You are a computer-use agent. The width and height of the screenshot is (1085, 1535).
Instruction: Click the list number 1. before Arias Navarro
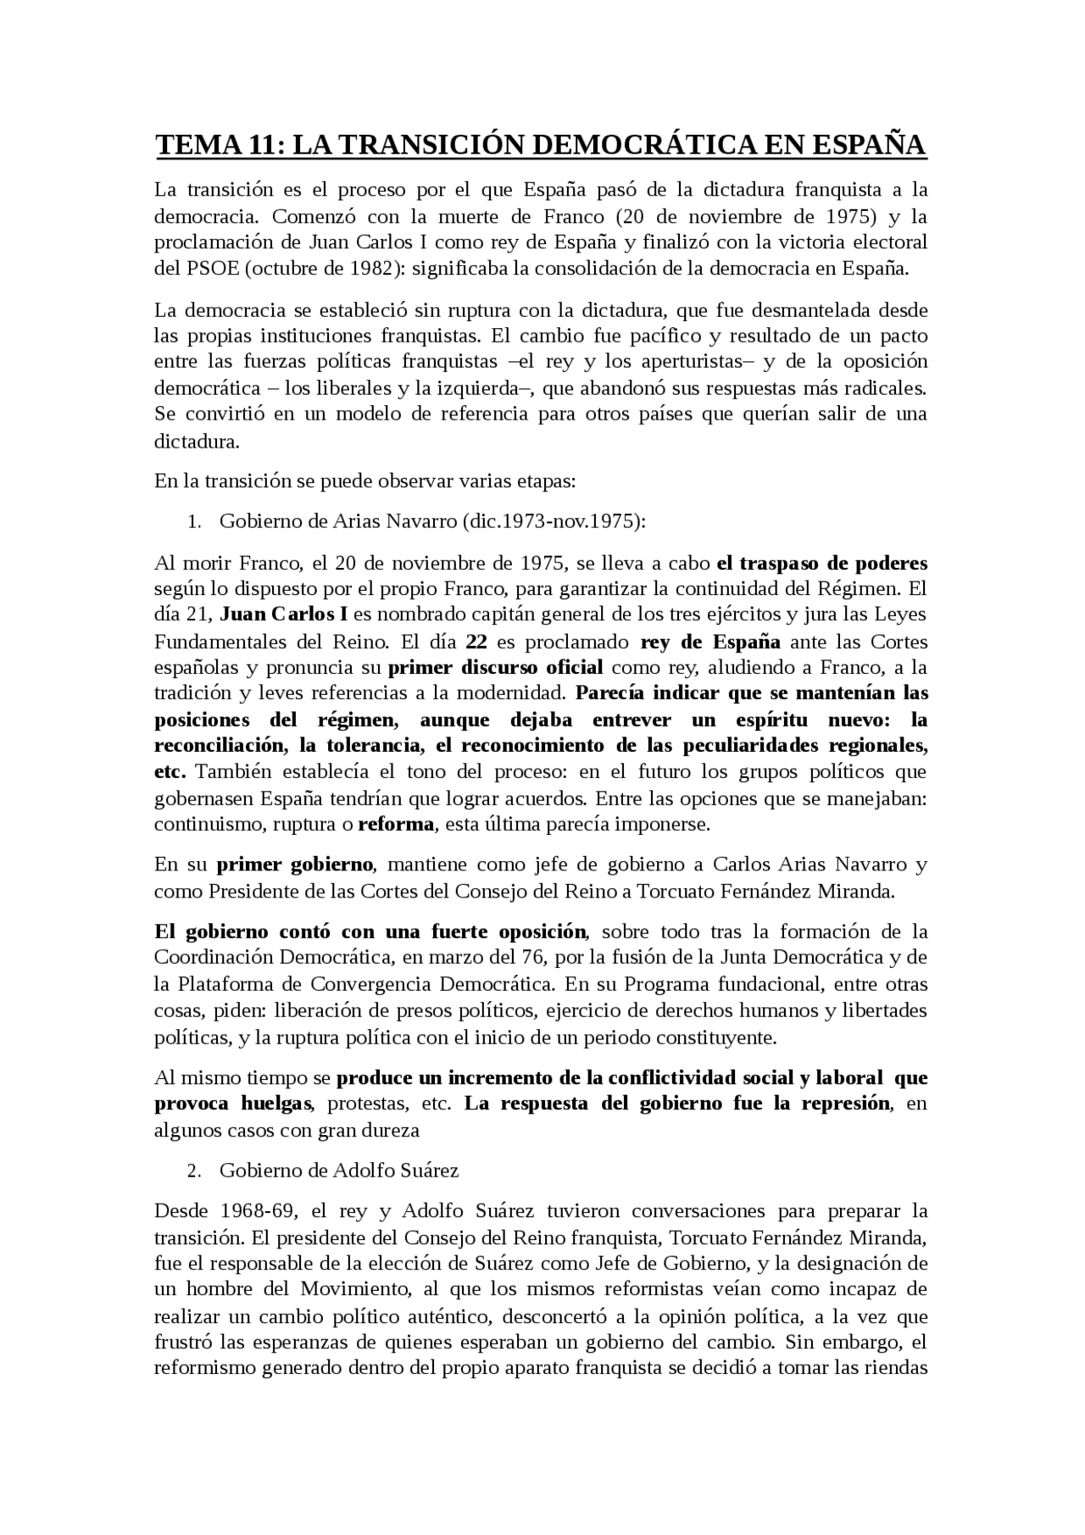click(x=194, y=521)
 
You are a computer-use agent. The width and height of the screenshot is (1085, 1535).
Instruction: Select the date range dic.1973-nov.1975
click(x=551, y=521)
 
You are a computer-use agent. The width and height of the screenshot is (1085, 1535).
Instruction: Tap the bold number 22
click(x=476, y=642)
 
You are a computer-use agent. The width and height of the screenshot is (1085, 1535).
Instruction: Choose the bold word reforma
click(x=396, y=824)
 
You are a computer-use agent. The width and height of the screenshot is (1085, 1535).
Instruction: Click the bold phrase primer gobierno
click(x=294, y=865)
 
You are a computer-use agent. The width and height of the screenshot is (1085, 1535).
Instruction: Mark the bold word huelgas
click(x=276, y=1104)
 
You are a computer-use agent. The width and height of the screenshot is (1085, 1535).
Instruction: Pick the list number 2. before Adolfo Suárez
click(x=194, y=1171)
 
